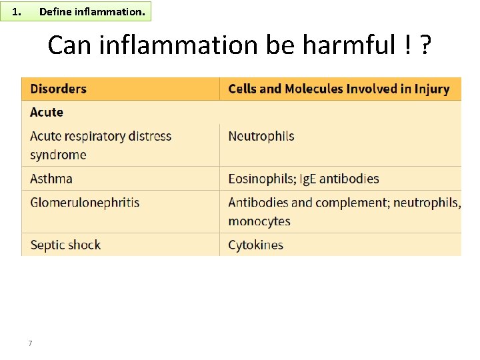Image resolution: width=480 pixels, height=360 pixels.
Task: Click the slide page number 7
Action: [31, 343]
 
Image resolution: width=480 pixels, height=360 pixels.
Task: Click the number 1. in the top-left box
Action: [18, 11]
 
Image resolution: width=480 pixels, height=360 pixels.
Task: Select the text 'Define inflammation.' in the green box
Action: [91, 11]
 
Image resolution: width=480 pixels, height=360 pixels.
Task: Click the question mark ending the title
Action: [425, 45]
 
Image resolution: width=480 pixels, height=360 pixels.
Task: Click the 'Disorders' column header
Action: [59, 89]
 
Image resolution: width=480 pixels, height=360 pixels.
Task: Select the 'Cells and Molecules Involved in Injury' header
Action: [339, 89]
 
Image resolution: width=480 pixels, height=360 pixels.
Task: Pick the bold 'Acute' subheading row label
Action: [47, 112]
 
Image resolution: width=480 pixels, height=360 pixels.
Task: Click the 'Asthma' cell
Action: [51, 179]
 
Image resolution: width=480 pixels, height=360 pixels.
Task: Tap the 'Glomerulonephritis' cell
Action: [85, 202]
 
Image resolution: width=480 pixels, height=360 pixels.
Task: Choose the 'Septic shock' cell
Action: [65, 245]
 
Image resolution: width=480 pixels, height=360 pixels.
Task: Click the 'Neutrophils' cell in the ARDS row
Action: [261, 136]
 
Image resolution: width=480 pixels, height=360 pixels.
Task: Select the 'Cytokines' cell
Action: [255, 245]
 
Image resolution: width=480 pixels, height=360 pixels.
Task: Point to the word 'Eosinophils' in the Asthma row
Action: [259, 179]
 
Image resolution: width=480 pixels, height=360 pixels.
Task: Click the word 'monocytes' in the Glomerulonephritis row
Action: [259, 221]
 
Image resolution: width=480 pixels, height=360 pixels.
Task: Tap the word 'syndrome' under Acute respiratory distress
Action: [58, 155]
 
